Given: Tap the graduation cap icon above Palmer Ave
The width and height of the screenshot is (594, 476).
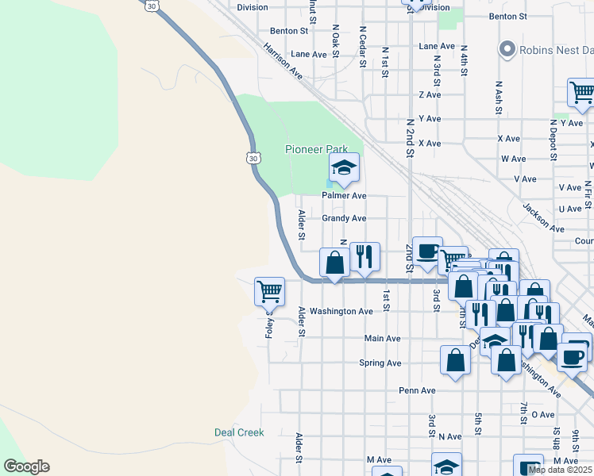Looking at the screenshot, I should (x=344, y=168).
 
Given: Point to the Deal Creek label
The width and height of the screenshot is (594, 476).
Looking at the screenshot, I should (x=239, y=432).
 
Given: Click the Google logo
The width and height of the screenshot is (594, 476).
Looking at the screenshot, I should (x=26, y=466).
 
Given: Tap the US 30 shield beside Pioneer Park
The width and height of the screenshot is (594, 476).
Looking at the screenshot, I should (x=253, y=158).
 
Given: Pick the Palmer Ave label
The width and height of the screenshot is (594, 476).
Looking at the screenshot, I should (x=344, y=195).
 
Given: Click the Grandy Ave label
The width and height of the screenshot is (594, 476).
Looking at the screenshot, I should (x=344, y=218).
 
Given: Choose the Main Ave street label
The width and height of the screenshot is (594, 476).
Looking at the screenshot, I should (x=382, y=339).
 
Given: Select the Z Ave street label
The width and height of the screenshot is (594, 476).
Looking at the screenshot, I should (x=430, y=94).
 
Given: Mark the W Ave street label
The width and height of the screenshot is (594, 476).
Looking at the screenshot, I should (x=514, y=159).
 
